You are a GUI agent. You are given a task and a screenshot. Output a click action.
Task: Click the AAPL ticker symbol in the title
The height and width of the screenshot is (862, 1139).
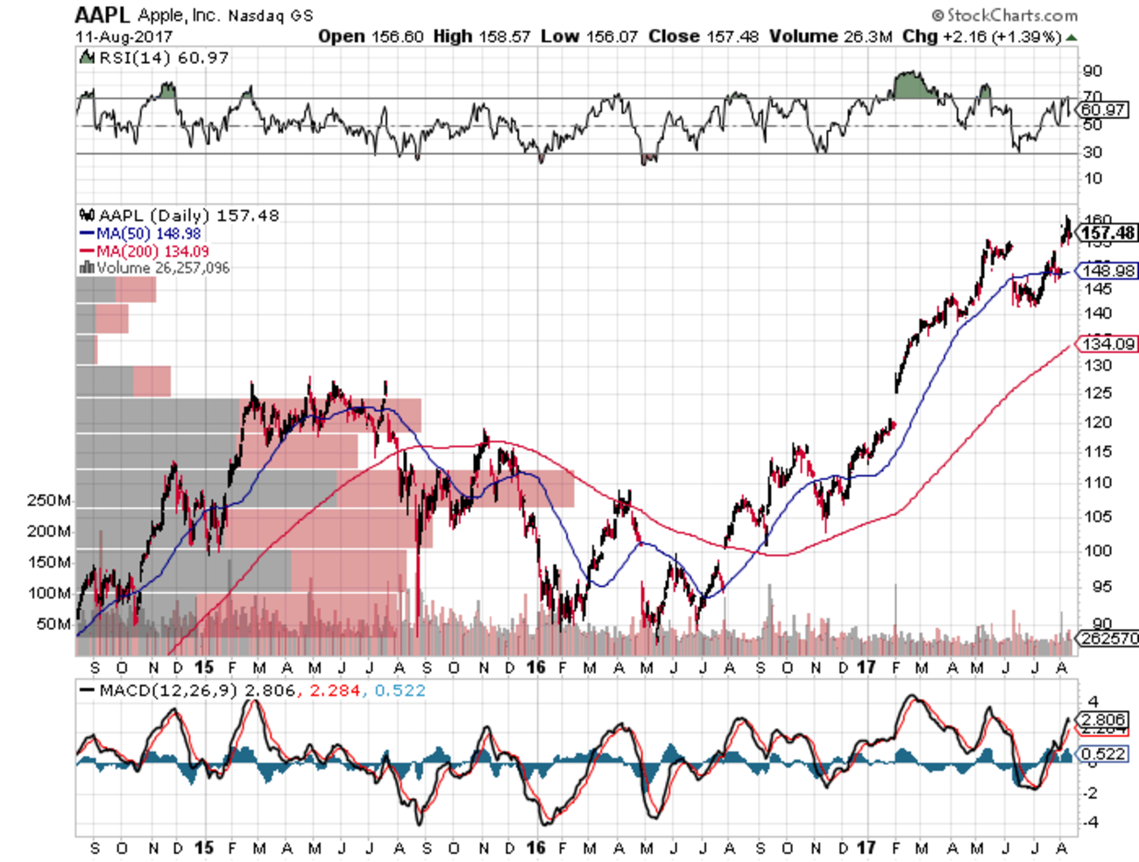(x=103, y=15)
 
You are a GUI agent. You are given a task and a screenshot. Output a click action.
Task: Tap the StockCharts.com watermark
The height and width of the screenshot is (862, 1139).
(x=1005, y=15)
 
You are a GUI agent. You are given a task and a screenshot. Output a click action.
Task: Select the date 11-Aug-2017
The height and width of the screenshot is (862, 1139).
(x=124, y=37)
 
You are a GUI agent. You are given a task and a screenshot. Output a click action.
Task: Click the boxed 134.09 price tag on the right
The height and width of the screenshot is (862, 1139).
(x=1108, y=344)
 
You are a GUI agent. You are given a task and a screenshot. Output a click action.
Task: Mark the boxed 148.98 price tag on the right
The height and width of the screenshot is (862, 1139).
(x=1108, y=272)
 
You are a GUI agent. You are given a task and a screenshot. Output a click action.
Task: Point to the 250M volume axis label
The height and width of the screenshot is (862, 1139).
(x=49, y=501)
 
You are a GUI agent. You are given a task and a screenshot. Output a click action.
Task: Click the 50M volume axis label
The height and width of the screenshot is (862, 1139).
(x=53, y=624)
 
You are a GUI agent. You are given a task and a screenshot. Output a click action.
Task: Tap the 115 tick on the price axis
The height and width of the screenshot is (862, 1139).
(x=1096, y=452)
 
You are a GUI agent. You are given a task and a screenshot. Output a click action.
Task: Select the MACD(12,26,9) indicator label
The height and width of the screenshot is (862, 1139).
(x=168, y=690)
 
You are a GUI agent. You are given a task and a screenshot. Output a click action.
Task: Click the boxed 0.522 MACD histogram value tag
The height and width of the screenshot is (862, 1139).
(x=1103, y=754)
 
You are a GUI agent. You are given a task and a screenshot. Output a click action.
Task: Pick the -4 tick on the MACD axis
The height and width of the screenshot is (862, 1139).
(x=1092, y=823)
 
